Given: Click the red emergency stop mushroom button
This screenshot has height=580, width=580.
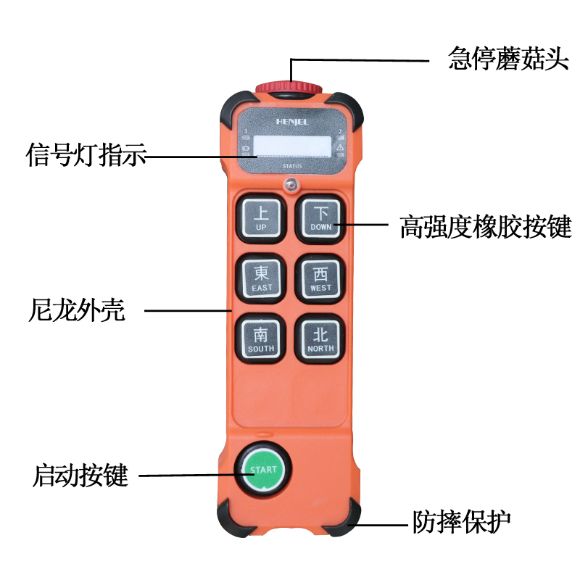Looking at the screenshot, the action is [289, 88].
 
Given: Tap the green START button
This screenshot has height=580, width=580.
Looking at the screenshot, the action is [263, 470].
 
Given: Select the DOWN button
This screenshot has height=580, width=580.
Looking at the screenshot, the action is [320, 219].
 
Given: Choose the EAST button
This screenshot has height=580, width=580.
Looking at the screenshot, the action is [262, 278].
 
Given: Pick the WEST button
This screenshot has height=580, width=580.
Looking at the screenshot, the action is [320, 278].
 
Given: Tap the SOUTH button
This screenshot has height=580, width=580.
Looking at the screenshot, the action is [261, 339].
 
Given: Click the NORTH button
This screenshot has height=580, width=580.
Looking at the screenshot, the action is [320, 339].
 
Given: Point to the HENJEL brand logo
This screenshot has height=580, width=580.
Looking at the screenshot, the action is [292, 122].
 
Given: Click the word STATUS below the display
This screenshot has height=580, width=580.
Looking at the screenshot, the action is [292, 166].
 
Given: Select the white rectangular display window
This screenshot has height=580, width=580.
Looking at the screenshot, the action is [292, 146].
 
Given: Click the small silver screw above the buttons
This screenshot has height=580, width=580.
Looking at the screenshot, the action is [291, 184].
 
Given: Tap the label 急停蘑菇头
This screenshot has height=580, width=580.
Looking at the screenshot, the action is [508, 59].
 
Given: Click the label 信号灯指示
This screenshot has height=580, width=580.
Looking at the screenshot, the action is [86, 154].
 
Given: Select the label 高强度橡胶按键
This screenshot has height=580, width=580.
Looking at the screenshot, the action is [486, 226].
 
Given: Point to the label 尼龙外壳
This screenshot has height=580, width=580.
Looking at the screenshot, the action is [77, 310].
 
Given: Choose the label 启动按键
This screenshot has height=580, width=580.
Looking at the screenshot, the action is [80, 476].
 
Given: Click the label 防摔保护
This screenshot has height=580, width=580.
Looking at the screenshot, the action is [462, 521].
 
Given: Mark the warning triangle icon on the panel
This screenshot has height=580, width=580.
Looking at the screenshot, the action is [340, 147].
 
